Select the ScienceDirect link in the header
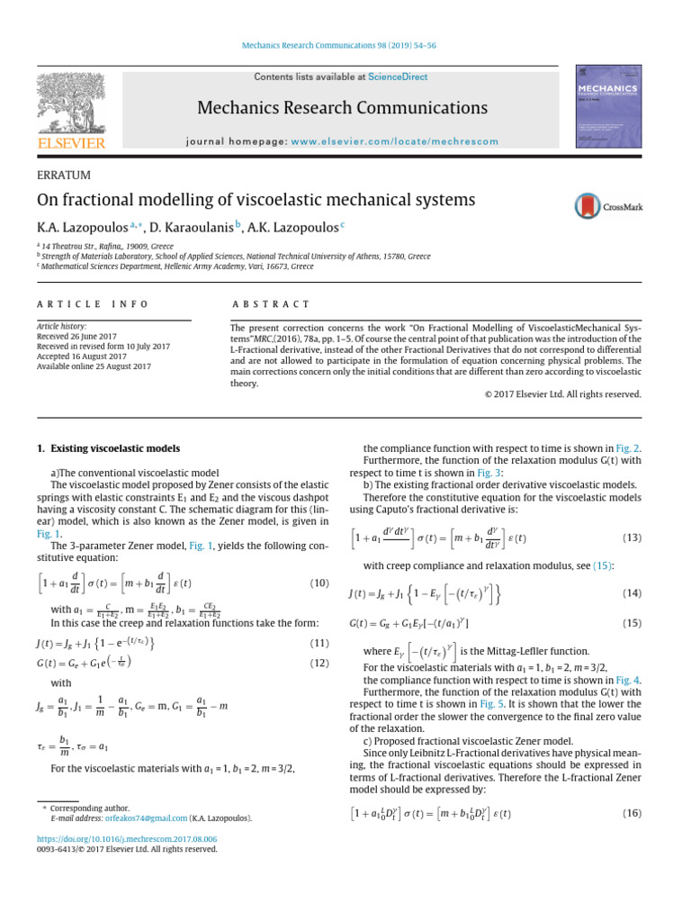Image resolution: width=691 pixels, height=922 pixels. coord(397,78)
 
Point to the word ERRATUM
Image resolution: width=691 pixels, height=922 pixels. coord(64,175)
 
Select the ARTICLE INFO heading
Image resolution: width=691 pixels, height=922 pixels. coord(92,304)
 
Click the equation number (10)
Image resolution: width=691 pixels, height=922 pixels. coord(319,583)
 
